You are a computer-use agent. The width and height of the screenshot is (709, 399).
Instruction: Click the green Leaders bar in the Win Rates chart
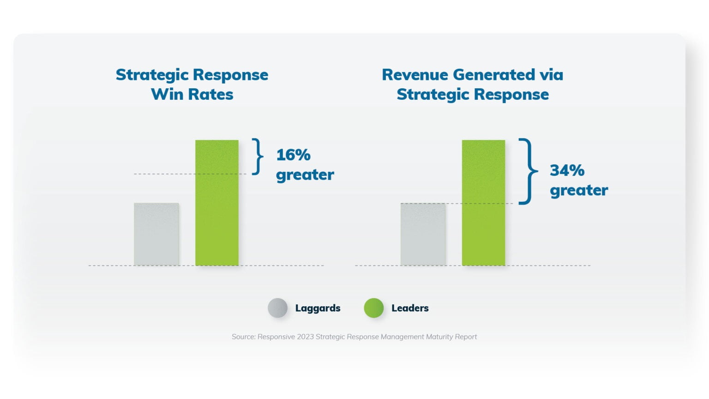tap(216, 203)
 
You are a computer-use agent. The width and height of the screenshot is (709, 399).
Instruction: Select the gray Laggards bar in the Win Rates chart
tap(156, 234)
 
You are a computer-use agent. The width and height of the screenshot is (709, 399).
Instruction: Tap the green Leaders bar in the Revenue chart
tap(483, 203)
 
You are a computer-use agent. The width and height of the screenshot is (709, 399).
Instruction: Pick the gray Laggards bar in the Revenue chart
tap(423, 234)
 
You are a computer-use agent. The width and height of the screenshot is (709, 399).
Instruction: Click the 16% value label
tap(293, 155)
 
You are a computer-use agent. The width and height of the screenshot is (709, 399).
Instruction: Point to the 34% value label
tap(567, 170)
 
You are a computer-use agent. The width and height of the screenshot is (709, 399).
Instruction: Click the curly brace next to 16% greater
tap(258, 157)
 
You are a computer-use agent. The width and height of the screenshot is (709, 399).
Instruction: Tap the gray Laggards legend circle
tap(277, 308)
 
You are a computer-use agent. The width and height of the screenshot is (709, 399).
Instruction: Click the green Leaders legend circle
tap(373, 308)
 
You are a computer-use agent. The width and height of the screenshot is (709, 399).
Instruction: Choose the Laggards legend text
tap(318, 308)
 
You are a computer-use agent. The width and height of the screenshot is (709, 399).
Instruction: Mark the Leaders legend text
tap(410, 308)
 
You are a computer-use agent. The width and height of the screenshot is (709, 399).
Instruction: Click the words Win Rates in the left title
tap(192, 94)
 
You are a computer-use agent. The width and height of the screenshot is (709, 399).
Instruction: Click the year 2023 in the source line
tap(305, 337)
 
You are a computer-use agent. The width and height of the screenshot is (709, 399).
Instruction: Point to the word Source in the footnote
tap(243, 337)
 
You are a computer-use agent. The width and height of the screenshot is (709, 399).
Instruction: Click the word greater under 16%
tap(305, 175)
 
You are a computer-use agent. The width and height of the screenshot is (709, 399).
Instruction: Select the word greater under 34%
tap(579, 190)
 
